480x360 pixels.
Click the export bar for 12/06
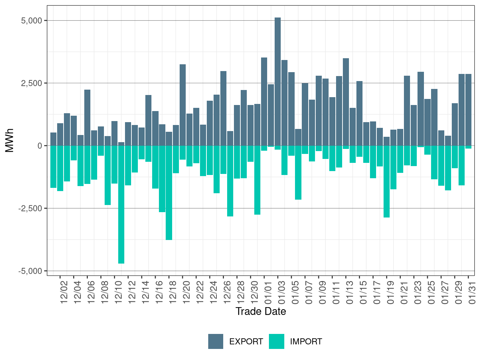tap(87, 117)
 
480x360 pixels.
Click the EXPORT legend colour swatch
tap(216, 341)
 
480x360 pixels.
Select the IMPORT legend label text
tap(306, 342)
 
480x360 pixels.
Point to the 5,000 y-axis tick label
tap(31, 21)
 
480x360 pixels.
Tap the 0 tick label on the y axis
tap(40, 146)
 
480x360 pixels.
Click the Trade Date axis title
tap(261, 311)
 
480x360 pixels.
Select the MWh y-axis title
tap(10, 140)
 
